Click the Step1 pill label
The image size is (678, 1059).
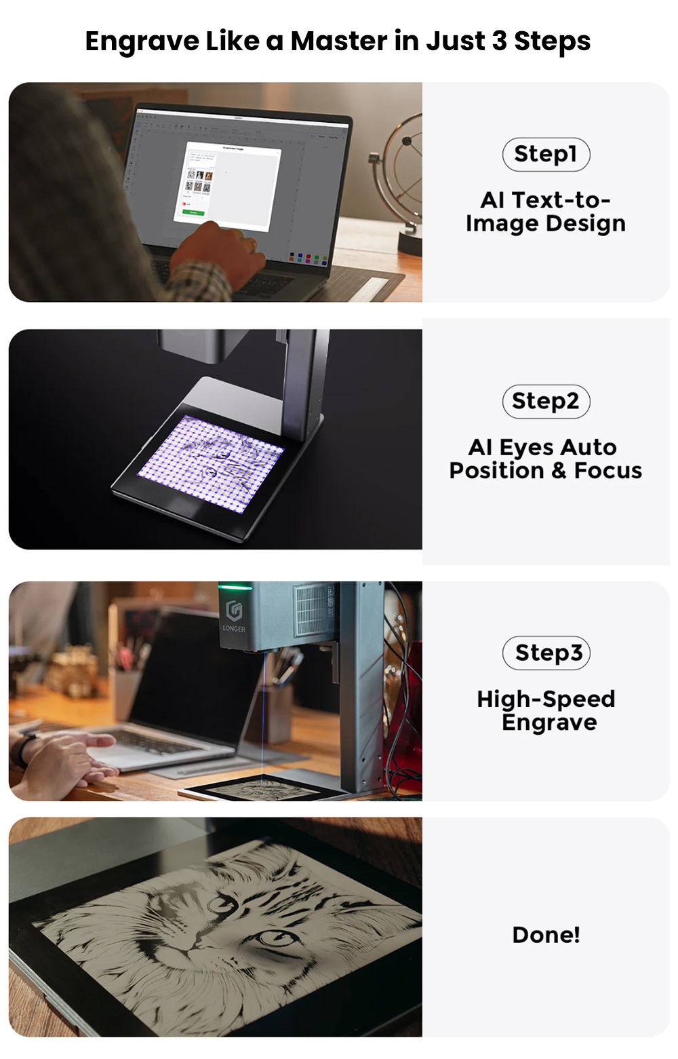pyautogui.click(x=546, y=154)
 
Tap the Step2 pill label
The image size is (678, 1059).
pyautogui.click(x=546, y=401)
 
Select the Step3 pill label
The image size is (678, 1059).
pyautogui.click(x=546, y=653)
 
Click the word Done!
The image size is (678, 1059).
pyautogui.click(x=546, y=934)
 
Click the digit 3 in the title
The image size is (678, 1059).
pyautogui.click(x=500, y=41)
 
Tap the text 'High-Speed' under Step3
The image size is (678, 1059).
pyautogui.click(x=546, y=699)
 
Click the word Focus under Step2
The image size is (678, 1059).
pyautogui.click(x=608, y=470)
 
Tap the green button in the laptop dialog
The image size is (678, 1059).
pyautogui.click(x=193, y=212)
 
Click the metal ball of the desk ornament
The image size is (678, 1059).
pyautogui.click(x=407, y=141)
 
